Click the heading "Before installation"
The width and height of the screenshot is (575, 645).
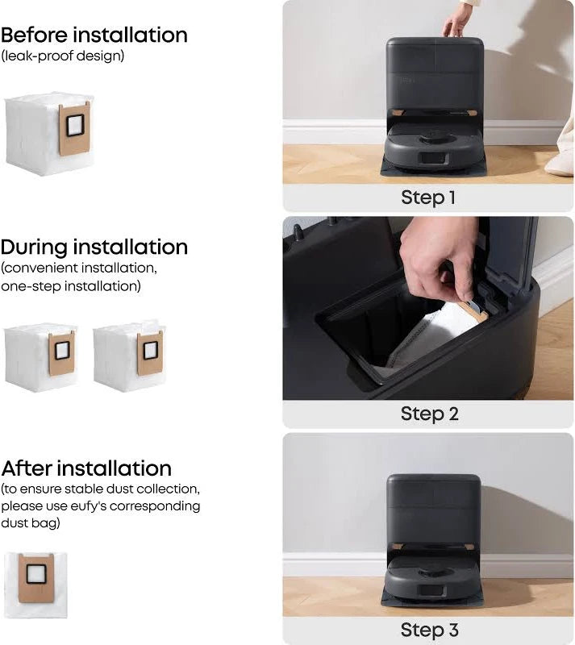94,35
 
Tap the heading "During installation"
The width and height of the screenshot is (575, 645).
94,247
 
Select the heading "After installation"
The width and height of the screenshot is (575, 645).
86,468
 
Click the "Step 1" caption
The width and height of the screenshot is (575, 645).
428,198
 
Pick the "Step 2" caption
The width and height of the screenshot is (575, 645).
429,414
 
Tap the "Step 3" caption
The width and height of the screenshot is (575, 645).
429,630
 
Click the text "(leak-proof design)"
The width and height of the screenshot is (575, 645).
63,56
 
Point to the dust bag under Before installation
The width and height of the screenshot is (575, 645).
48,133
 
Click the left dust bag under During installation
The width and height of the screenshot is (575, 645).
41,356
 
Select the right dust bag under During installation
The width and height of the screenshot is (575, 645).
129,356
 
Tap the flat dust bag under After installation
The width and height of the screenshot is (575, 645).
35,583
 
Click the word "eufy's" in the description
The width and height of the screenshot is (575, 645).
140,506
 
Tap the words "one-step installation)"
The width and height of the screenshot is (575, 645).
71,285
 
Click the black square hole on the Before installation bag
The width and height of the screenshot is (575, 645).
75,125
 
